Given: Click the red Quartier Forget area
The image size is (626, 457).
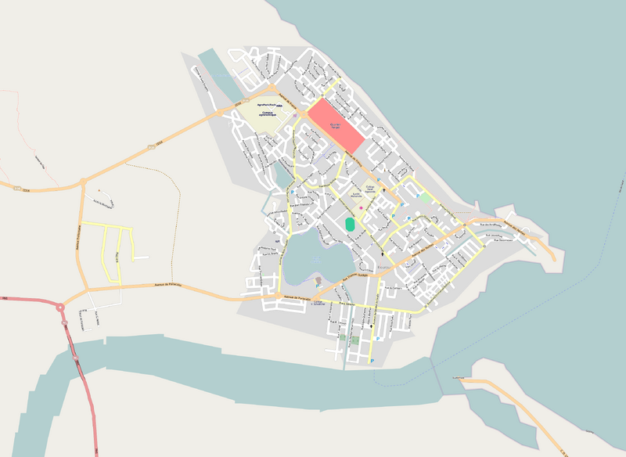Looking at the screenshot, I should [x=336, y=125].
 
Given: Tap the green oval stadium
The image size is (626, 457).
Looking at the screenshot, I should [x=350, y=225].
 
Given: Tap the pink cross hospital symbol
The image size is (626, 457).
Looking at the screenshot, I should [x=361, y=207].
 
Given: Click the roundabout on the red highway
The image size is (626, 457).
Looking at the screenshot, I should [x=60, y=307].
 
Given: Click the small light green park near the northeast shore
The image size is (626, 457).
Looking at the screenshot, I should [x=425, y=197].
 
